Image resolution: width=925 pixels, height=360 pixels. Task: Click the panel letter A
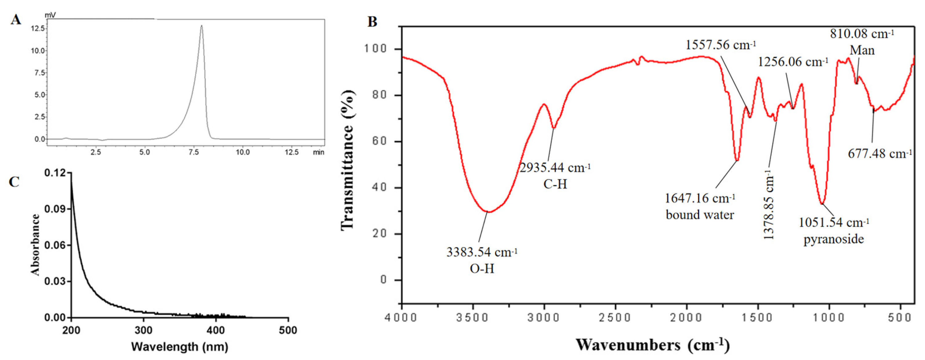coord(15,19)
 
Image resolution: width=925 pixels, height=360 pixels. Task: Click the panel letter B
coord(372,22)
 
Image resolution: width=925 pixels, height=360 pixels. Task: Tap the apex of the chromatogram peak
coord(201,26)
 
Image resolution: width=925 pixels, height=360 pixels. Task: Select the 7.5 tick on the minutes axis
coord(193,152)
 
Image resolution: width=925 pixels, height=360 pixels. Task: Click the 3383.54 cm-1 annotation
coord(481,252)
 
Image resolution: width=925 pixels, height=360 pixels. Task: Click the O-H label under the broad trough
coord(482,269)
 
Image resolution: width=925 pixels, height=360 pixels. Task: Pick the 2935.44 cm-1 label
coord(555,168)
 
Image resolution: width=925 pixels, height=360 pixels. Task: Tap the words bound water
coord(700,215)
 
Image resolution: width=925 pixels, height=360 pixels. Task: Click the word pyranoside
coord(834,239)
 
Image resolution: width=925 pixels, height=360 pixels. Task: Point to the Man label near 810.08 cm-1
coord(862,50)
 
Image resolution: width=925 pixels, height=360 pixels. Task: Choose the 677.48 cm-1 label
coord(880,154)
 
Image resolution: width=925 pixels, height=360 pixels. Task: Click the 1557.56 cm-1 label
coord(721,45)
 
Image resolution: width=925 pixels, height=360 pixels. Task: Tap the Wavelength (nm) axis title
coord(180,347)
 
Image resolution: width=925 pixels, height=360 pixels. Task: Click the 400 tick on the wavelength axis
coord(216,330)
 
